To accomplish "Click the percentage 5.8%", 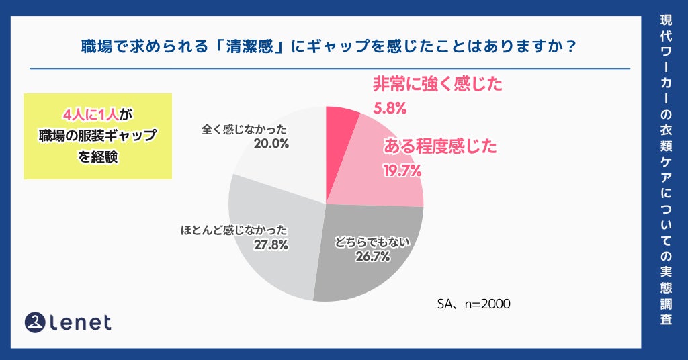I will (x=389, y=107).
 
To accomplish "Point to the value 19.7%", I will (x=402, y=171).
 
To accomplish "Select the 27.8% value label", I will (x=271, y=244).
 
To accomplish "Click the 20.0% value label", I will (x=271, y=144).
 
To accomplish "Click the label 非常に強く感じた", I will (x=437, y=84).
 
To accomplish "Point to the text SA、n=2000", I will (x=474, y=304).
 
